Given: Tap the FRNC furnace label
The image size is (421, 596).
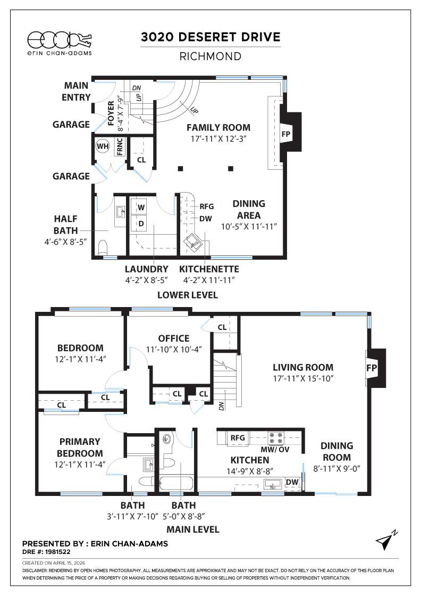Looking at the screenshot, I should tap(119, 146).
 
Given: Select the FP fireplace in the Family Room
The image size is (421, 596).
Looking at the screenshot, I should tap(285, 133).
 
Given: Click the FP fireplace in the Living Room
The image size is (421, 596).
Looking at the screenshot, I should tap(371, 368).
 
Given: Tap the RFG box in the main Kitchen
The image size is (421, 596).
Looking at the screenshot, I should tap(237, 437).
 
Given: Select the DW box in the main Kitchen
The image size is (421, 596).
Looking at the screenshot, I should tap(292, 482).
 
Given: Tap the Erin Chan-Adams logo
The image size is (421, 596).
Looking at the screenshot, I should tap(58, 42).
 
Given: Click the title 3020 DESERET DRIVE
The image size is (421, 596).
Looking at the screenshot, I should tap(210, 37).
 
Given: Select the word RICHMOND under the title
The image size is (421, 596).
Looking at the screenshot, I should tap(210, 56).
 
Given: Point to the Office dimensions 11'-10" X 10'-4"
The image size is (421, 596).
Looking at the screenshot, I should tap(174, 349).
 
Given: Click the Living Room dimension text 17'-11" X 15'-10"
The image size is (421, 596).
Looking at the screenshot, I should tap(303, 378).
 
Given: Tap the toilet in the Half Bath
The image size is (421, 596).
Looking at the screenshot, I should tap(104, 247).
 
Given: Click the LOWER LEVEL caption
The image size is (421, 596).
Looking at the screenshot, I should tap(187, 295).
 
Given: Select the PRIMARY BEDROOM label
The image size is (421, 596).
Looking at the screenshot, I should tap(80, 448).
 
